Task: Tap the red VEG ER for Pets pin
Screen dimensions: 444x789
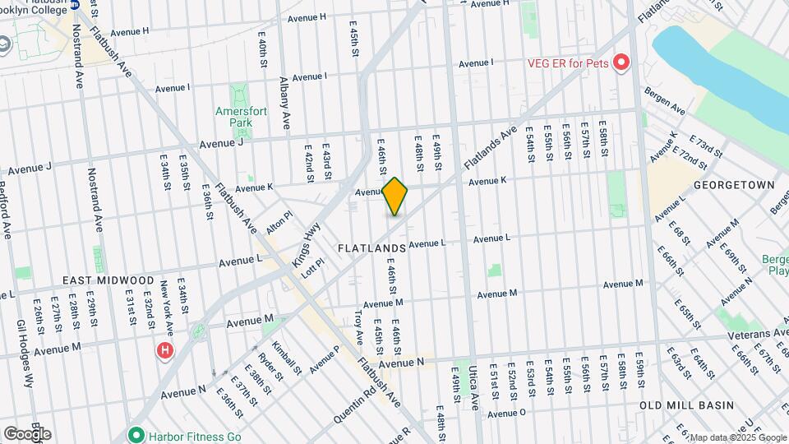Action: pos(621,62)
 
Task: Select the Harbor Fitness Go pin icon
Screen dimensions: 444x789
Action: pos(136,434)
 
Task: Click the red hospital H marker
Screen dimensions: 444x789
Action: pos(165,351)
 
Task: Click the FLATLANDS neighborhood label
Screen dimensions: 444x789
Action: pos(371,247)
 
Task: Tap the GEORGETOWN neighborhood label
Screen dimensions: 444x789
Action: pos(734,186)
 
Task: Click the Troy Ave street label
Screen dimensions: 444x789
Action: pos(358,326)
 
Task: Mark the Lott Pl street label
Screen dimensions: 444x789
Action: pos(312,268)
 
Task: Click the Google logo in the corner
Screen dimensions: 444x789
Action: pos(27,434)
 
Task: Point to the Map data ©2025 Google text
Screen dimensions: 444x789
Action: pos(737,437)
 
